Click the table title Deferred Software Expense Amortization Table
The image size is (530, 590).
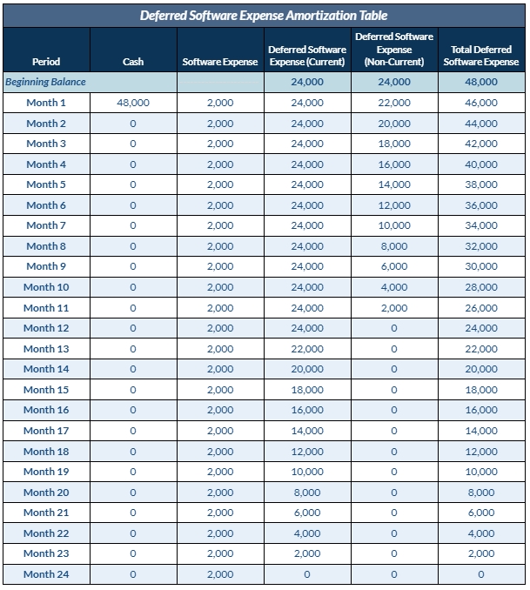tap(264, 15)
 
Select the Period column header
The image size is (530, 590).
tap(46, 62)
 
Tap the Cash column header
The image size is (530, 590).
tap(133, 62)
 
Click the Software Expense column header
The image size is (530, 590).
tap(220, 62)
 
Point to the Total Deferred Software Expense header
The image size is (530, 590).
tap(480, 56)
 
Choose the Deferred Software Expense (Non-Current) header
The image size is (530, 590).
tap(394, 50)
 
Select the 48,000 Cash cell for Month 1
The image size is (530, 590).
tap(133, 103)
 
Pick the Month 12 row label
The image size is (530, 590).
tap(46, 328)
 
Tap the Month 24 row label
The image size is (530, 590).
tap(46, 574)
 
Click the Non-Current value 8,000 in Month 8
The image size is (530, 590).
tap(394, 246)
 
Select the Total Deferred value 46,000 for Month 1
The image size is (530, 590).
tap(480, 103)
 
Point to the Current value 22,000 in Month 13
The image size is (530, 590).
tap(307, 349)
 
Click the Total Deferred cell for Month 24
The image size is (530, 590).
tap(480, 574)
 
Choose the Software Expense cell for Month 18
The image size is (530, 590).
tap(220, 452)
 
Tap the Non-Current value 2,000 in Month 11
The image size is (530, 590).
tap(394, 308)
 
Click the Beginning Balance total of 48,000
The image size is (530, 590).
tap(480, 82)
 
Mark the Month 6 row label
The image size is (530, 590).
tap(46, 205)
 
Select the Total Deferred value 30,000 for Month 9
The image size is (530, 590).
tap(480, 266)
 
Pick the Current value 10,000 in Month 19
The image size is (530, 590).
tap(307, 472)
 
